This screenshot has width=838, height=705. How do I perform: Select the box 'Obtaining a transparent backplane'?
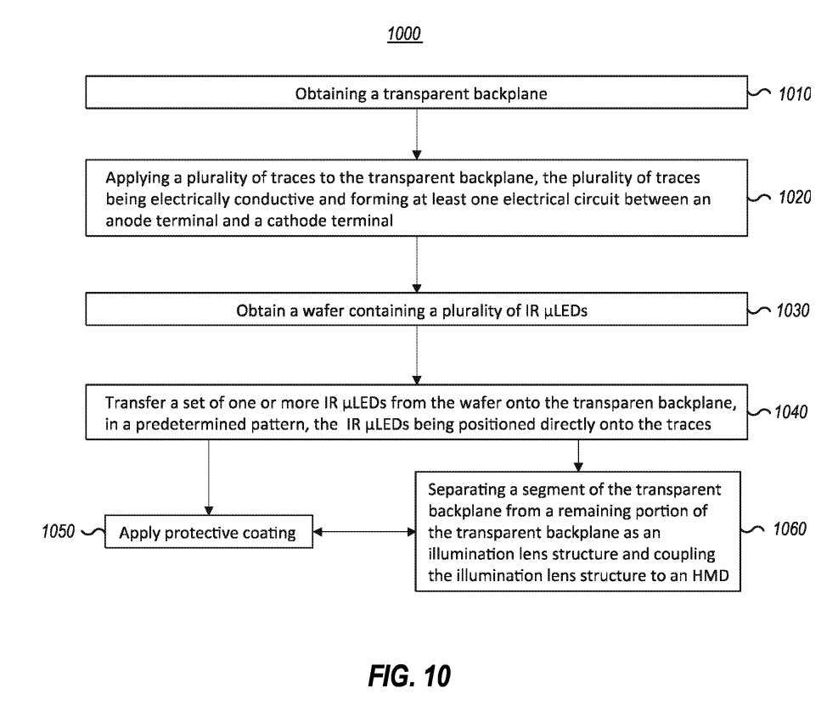coord(415,94)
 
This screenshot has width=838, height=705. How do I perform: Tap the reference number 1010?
coord(794,94)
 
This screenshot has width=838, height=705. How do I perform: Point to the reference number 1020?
coord(794,198)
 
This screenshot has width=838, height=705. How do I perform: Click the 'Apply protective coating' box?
coord(206,534)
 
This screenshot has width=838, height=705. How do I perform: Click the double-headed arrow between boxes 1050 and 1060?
coord(363,534)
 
